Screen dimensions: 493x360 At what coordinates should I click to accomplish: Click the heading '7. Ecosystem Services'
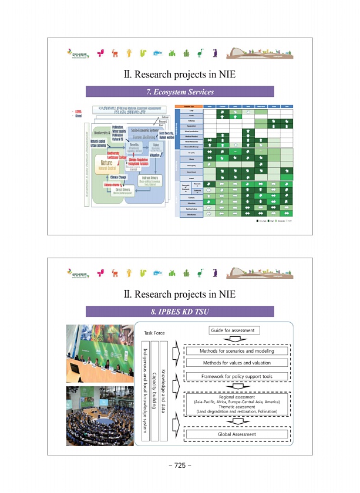180,92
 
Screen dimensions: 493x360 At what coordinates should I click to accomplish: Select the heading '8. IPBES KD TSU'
180,312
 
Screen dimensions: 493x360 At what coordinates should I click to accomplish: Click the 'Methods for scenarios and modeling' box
237,351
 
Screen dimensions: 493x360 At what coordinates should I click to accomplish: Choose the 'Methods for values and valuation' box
237,363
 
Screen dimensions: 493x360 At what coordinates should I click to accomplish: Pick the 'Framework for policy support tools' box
237,376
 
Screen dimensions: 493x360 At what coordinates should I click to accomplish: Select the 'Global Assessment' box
237,434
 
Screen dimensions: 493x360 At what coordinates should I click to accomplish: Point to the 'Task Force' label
154,333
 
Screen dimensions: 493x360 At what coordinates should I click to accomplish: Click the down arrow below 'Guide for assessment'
233,339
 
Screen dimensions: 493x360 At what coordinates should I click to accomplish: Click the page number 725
180,465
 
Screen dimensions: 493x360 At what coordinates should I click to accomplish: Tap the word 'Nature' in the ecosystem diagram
106,163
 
